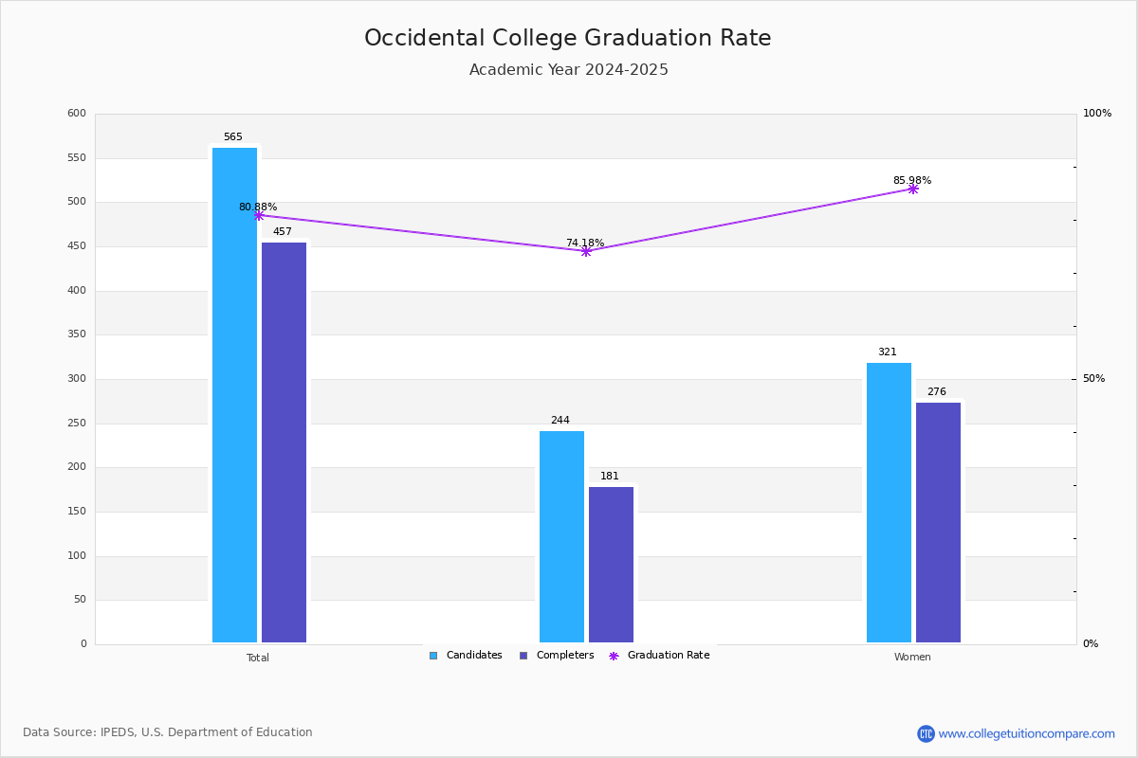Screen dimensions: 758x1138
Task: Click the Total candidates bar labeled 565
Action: (x=234, y=395)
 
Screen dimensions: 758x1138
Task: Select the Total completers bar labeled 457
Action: (x=284, y=442)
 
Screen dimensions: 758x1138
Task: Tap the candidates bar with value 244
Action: (x=561, y=536)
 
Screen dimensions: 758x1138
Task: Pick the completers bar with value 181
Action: (x=611, y=565)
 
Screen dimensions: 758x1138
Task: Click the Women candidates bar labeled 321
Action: (x=889, y=502)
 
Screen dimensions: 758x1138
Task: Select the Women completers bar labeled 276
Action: (x=938, y=522)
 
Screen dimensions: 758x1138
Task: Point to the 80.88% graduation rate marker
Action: (x=259, y=215)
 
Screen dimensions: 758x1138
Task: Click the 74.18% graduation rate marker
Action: (x=586, y=251)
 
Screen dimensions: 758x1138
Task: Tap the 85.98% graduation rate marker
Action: (x=913, y=189)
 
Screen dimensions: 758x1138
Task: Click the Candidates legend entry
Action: (x=466, y=656)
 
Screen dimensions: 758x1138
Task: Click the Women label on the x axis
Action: (x=912, y=658)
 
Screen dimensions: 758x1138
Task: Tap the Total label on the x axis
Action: (x=258, y=658)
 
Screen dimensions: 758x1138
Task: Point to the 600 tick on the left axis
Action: (x=77, y=114)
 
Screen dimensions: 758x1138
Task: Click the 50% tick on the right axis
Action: (x=1093, y=379)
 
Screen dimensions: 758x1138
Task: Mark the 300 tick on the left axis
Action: (x=77, y=379)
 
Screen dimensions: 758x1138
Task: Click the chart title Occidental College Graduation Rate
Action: (x=568, y=38)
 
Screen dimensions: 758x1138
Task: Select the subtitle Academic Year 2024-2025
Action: (x=568, y=70)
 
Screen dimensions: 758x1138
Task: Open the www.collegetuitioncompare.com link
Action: (x=1026, y=733)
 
